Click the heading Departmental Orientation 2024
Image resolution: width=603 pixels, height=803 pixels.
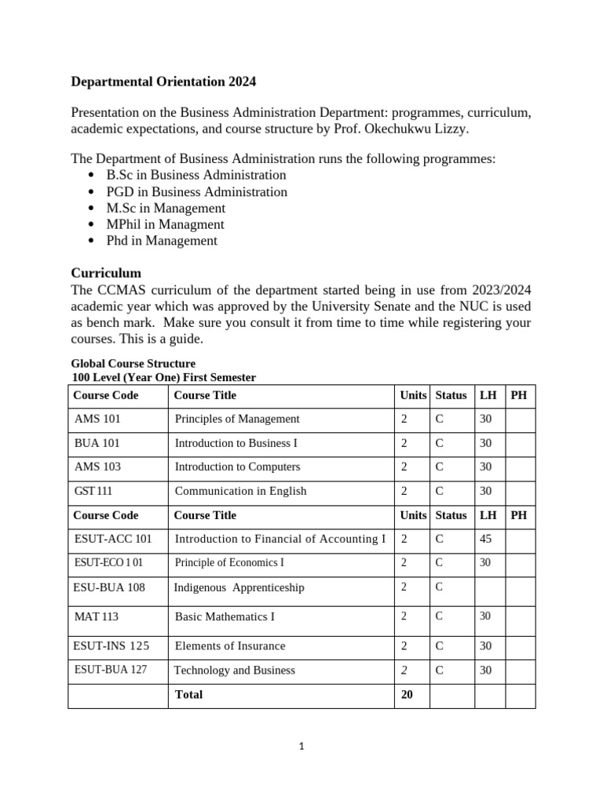pos(163,82)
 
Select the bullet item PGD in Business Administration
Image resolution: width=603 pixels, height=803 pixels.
pos(196,191)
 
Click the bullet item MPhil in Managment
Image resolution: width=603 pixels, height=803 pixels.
pos(165,224)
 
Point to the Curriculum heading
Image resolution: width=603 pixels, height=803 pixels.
pos(106,273)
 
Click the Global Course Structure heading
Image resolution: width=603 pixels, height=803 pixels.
pos(133,364)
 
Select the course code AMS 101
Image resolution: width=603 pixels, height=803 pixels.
pos(97,419)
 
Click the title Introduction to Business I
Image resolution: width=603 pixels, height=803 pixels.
pos(236,443)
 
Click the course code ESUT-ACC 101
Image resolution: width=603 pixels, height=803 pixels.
pos(112,539)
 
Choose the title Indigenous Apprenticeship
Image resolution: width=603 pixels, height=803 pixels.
pos(239,587)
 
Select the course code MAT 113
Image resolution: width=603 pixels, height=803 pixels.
pos(96,616)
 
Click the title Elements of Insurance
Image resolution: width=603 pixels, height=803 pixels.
pos(229,646)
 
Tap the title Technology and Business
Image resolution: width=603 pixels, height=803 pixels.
pos(234,670)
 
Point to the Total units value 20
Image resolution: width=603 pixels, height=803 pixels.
pos(407,695)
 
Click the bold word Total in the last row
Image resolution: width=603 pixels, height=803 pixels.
pos(188,695)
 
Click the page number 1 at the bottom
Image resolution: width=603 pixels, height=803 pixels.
pos(301,747)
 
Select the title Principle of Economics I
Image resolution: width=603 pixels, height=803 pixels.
pos(229,562)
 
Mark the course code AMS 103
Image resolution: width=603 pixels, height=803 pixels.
pos(97,467)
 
